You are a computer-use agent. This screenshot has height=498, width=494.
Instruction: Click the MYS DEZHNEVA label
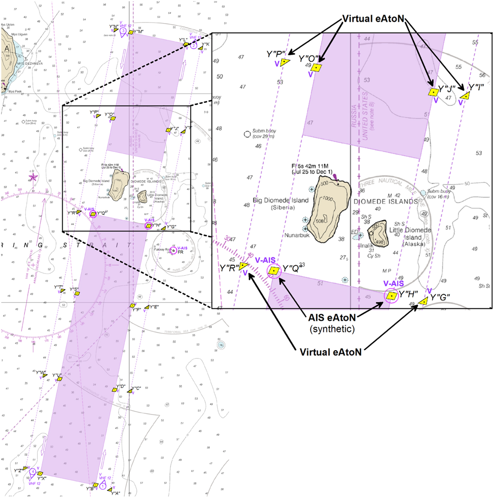30,63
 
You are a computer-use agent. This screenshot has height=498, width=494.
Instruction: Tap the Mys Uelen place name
8,25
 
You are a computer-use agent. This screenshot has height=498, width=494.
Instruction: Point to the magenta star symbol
33,177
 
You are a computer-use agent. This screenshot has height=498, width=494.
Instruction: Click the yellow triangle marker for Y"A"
110,490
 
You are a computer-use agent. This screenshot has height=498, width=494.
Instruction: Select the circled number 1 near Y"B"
103,486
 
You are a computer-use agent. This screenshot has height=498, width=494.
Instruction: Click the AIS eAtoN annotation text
332,318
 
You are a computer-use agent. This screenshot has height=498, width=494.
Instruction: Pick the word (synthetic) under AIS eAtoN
332,329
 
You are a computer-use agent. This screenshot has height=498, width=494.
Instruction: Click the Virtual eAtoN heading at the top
373,19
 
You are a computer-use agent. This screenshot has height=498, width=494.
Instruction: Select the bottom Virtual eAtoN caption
330,352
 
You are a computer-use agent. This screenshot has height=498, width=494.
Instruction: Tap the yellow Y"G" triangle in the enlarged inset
423,301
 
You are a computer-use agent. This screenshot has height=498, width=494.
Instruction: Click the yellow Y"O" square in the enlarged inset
317,67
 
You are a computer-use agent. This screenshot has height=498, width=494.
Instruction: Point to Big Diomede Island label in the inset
281,200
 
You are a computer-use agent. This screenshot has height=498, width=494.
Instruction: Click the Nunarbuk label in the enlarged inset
297,235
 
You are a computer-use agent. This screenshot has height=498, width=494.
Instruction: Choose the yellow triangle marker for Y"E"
147,307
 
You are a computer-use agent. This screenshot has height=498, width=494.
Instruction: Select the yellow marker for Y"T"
63,291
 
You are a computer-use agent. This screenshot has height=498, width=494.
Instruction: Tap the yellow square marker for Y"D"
115,390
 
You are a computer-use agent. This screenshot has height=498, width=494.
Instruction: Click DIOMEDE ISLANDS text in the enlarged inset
385,202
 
